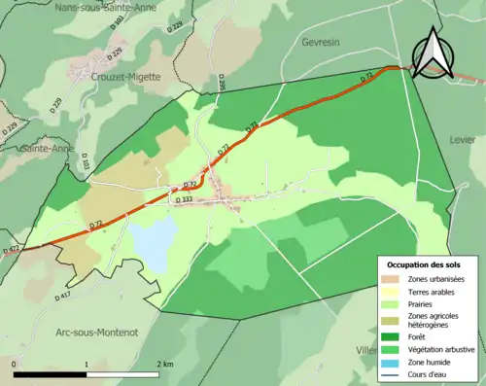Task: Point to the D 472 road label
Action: (11, 251)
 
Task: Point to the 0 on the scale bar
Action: (15, 364)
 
